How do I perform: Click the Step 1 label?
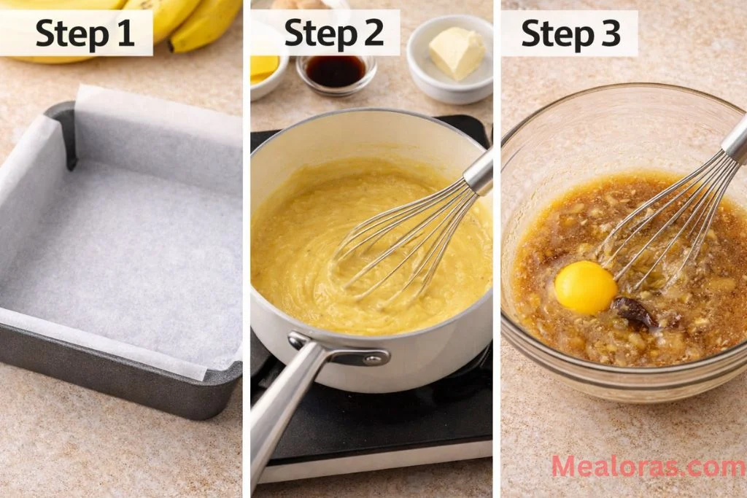(85, 33)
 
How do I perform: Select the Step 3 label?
(571, 33)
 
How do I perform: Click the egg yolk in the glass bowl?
(585, 287)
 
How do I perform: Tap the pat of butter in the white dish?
(457, 52)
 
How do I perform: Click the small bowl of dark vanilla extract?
(336, 71)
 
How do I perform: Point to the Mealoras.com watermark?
(648, 467)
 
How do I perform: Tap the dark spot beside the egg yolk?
(633, 311)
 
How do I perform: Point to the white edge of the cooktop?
(379, 470)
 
